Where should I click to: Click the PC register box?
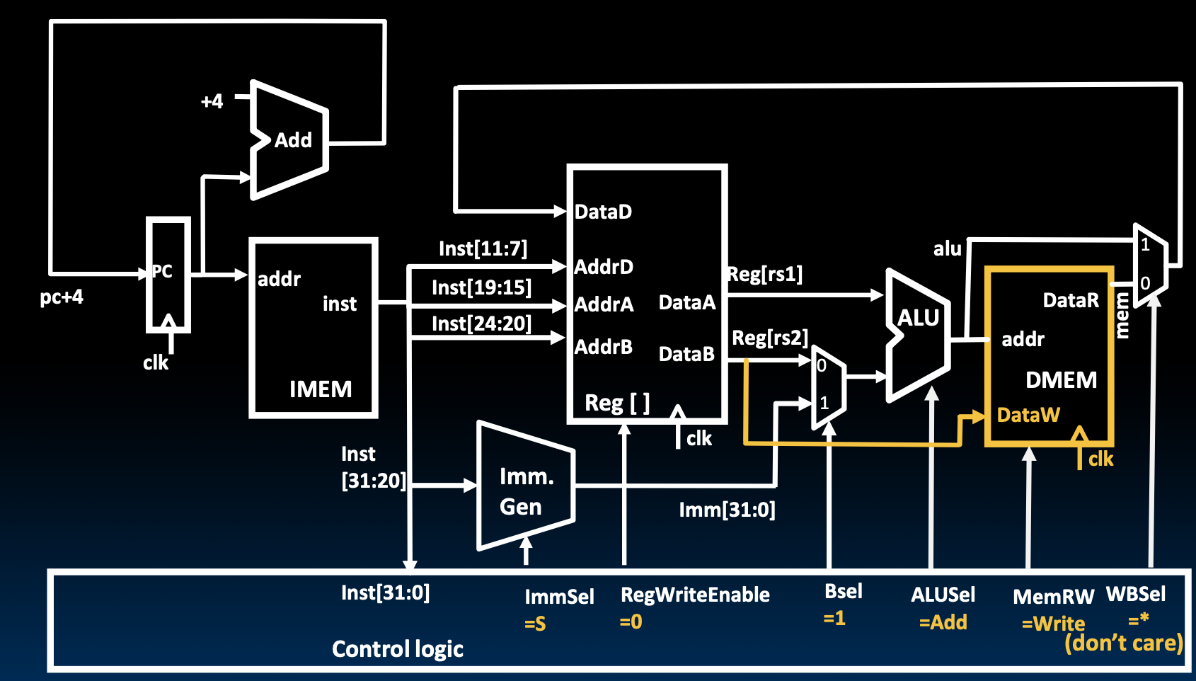pyautogui.click(x=168, y=275)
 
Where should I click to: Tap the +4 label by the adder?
pyautogui.click(x=212, y=101)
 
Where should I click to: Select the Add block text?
pyautogui.click(x=293, y=140)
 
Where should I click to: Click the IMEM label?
pyautogui.click(x=320, y=389)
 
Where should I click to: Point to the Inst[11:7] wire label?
pyautogui.click(x=483, y=249)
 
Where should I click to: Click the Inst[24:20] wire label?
pyautogui.click(x=481, y=324)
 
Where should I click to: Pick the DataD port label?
pyautogui.click(x=603, y=212)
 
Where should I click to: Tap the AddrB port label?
pyautogui.click(x=603, y=347)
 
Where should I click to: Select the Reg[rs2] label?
pyautogui.click(x=769, y=338)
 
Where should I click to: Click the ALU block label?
pyautogui.click(x=918, y=318)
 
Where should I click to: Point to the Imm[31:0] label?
pyautogui.click(x=727, y=510)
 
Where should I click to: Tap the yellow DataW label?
pyautogui.click(x=1028, y=415)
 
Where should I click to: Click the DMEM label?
pyautogui.click(x=1061, y=380)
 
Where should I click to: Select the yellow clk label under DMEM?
pyautogui.click(x=1100, y=459)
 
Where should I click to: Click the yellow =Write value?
pyautogui.click(x=1053, y=624)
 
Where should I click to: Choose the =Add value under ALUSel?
pyautogui.click(x=943, y=622)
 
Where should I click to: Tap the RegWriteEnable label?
pyautogui.click(x=695, y=595)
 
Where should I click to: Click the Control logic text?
pyautogui.click(x=398, y=649)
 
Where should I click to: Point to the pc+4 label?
pyautogui.click(x=62, y=297)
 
